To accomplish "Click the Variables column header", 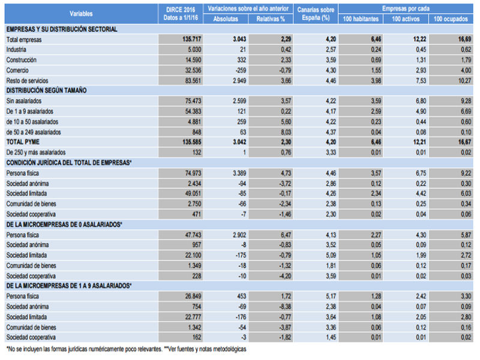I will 81,14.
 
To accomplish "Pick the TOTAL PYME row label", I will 24,142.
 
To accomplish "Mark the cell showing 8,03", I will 274,132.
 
